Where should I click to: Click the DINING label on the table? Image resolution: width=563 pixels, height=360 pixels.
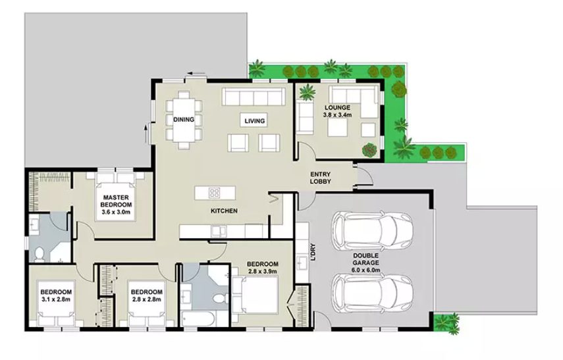(183, 120)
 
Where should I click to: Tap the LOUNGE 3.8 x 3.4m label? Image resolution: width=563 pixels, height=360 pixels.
(338, 111)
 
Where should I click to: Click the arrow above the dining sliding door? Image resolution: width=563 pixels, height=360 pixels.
(192, 73)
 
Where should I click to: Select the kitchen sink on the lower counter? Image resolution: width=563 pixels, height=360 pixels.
(216, 230)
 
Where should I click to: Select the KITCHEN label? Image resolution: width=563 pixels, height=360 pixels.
(223, 211)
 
